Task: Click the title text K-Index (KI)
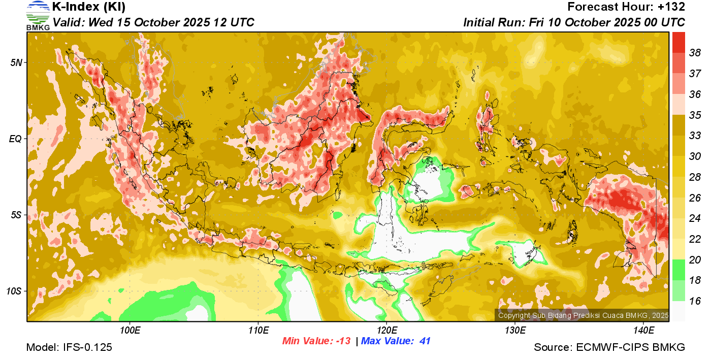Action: tap(89, 7)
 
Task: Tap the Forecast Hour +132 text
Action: tap(626, 7)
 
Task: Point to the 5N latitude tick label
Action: tap(16, 62)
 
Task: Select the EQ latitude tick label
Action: tap(16, 139)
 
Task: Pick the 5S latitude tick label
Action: tap(16, 215)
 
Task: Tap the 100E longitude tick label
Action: tap(130, 331)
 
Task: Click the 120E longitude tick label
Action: tap(386, 331)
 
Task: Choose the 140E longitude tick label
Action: tap(643, 331)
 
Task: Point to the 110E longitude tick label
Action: tap(258, 331)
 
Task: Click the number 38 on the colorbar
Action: tap(695, 53)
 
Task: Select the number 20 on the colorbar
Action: tap(695, 260)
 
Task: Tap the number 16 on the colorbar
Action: tap(695, 301)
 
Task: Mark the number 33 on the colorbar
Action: tap(695, 136)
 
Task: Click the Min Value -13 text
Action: tap(316, 341)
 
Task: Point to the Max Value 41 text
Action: tap(396, 341)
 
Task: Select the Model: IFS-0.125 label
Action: tap(69, 348)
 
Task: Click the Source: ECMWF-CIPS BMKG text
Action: tap(609, 348)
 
